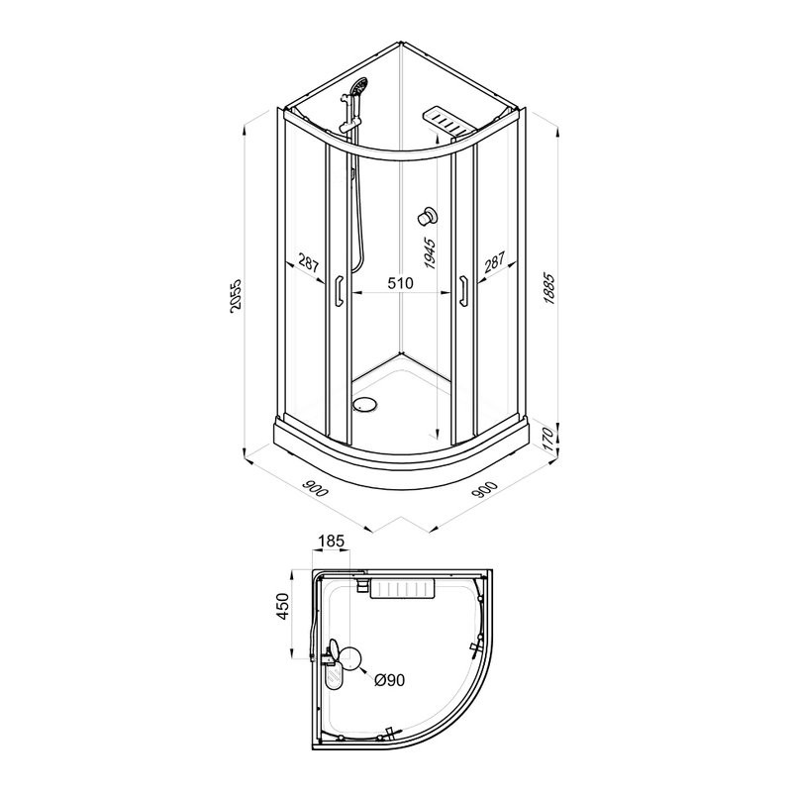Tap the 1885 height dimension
(549, 289)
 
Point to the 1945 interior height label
(430, 252)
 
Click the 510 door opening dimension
(400, 283)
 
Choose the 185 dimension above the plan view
(332, 541)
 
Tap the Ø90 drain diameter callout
(389, 680)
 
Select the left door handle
(339, 290)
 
